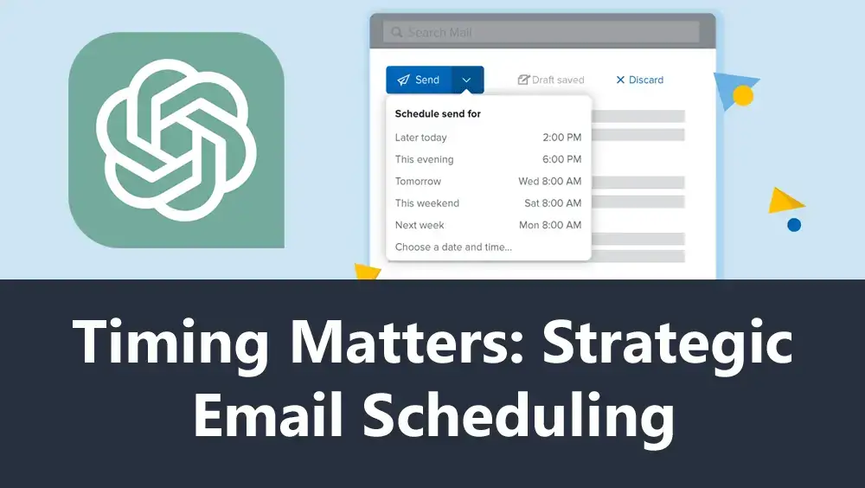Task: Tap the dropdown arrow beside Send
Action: [467, 80]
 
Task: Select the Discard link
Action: [639, 80]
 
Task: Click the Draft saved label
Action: [551, 80]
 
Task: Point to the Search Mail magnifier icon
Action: [397, 32]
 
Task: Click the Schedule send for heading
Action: [438, 113]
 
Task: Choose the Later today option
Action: [421, 138]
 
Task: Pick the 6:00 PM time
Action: [561, 159]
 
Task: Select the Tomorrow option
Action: [418, 181]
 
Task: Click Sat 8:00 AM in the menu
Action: [553, 203]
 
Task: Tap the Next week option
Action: [420, 225]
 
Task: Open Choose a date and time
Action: [453, 247]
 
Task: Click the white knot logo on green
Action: [176, 140]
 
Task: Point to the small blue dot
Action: [794, 225]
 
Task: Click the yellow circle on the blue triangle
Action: [742, 95]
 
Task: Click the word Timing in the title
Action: [170, 344]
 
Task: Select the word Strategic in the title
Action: [668, 344]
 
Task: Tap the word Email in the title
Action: [269, 414]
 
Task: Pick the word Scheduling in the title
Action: [518, 417]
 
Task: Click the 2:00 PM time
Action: [561, 138]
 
